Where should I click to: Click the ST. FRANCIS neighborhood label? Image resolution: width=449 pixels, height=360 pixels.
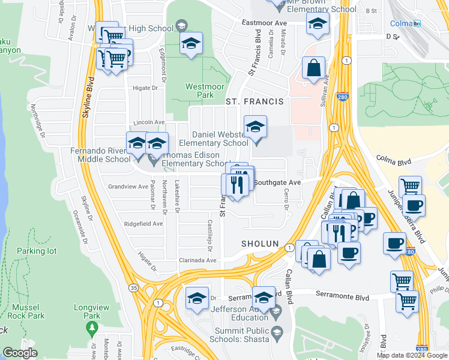tap(254, 102)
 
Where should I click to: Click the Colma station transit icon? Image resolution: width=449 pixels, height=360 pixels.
tap(417, 23)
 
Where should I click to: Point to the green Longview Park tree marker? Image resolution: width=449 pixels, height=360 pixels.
tap(91, 328)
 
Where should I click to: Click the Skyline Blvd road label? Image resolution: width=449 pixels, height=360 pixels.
tap(89, 96)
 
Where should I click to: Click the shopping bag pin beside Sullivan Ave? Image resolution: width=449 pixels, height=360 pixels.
tap(313, 68)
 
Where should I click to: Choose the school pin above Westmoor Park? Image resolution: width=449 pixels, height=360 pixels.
tap(191, 44)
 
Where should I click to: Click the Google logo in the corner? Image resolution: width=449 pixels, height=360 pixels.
tap(20, 353)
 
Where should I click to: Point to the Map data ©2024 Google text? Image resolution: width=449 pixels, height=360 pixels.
tap(412, 355)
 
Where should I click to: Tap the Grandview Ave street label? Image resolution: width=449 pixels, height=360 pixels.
tap(128, 187)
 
